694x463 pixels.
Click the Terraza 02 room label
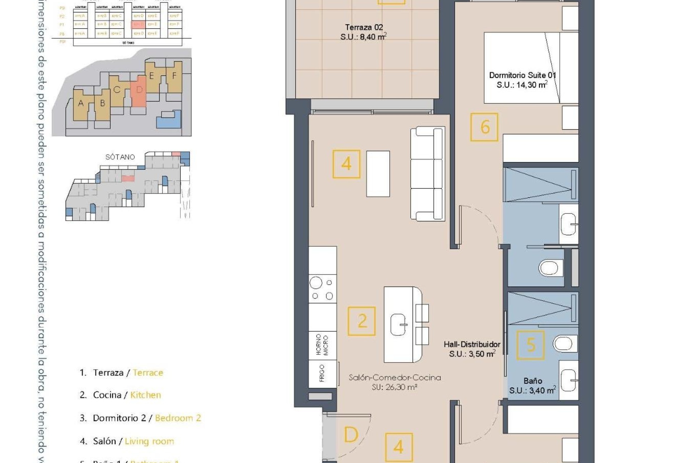(364, 32)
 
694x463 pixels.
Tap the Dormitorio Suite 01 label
(522, 80)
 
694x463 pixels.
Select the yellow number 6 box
(484, 127)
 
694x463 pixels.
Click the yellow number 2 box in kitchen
(361, 321)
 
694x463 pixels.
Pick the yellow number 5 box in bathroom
(530, 345)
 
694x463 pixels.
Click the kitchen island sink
(399, 324)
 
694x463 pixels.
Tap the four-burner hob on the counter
(322, 289)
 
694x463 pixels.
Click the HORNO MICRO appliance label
(322, 345)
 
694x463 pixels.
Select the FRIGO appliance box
(322, 374)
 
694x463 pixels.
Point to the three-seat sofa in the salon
(428, 174)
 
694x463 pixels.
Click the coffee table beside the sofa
(378, 174)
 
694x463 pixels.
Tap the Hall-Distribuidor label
(472, 349)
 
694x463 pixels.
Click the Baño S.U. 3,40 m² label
(532, 386)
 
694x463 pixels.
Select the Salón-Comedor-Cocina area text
(394, 382)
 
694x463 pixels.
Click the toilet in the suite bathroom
(551, 268)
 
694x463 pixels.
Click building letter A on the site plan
(81, 103)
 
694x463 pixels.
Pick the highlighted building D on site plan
(139, 90)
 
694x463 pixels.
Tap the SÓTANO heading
(120, 157)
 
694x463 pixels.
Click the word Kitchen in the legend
(145, 395)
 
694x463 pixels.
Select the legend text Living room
(149, 441)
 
